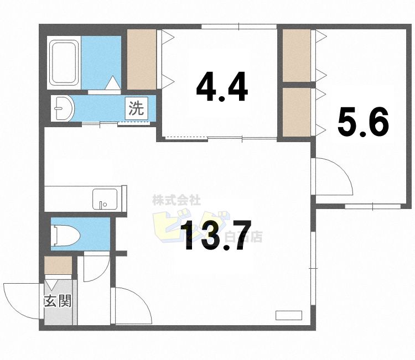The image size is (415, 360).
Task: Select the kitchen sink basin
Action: click(105, 198)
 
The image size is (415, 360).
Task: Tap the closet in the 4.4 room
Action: click(142, 58)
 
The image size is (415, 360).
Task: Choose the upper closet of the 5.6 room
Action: click(297, 55)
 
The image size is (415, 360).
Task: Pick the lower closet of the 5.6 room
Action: click(297, 113)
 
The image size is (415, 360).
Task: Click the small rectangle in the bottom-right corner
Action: click(289, 316)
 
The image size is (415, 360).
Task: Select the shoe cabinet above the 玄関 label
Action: click(58, 266)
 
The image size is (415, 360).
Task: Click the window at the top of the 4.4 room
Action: click(238, 26)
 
